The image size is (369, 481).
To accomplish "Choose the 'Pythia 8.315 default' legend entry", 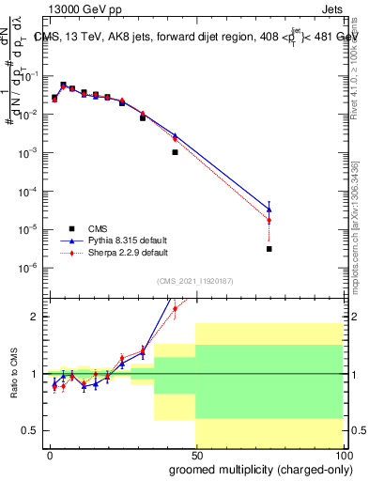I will (126, 240).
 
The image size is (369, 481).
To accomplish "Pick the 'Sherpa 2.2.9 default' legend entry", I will (126, 252).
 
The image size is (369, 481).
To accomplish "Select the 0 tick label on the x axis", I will (50, 454).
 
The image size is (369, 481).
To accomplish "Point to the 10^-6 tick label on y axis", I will (29, 268).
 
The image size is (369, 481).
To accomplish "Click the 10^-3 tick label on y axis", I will (29, 152).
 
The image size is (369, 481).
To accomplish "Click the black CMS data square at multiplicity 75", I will (269, 249).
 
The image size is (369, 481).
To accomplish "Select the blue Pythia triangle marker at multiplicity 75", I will (269, 209).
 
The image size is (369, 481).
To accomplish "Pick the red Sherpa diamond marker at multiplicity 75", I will (269, 221).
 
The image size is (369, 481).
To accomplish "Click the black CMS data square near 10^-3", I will (175, 151).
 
